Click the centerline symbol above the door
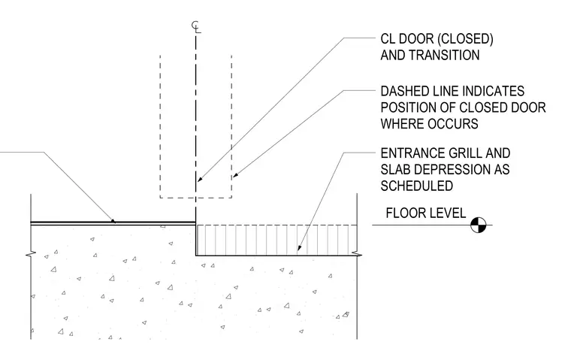pos(196,27)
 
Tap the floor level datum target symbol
pos(478,225)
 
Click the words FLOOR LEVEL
pos(426,213)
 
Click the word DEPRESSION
pos(452,169)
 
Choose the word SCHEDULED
pos(416,186)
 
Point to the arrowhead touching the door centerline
pos(199,179)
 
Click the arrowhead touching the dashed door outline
pos(236,175)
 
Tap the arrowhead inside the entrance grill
pos(299,248)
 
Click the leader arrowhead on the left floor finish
pos(113,220)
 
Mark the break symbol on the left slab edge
pos(31,253)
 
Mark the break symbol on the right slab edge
pos(357,253)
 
